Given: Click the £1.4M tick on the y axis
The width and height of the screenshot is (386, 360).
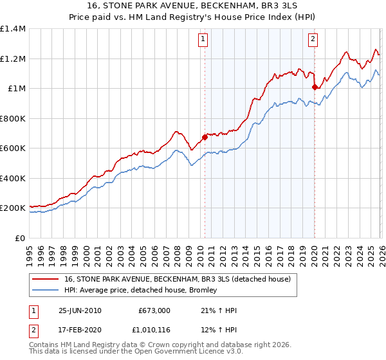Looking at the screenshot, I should [13, 29].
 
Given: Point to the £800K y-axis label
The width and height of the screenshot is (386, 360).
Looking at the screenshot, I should [13, 118].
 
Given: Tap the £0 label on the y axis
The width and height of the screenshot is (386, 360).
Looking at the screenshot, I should [20, 238].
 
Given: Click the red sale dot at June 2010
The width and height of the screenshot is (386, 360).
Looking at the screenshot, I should [205, 137].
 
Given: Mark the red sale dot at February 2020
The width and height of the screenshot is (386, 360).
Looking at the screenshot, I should [315, 87].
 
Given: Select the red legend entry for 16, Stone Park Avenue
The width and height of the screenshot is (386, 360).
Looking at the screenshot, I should [178, 279].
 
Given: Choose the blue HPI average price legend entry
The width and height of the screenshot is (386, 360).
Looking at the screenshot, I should [142, 290].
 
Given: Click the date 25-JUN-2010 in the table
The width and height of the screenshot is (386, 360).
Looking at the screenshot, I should [80, 310].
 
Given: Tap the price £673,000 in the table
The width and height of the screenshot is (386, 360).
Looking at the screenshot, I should [155, 310].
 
